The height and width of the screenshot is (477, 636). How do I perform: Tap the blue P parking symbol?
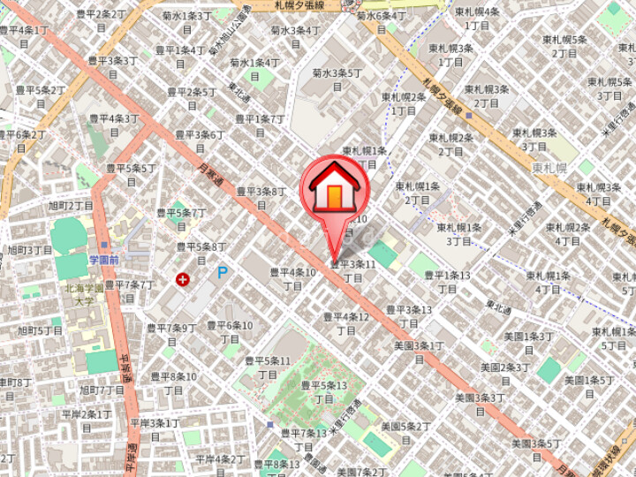223,273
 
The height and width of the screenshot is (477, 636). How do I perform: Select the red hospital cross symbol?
183,280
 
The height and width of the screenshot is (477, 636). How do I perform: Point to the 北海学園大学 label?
84,294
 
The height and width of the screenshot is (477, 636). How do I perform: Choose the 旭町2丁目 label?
71,206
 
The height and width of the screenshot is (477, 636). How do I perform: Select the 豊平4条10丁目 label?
292,279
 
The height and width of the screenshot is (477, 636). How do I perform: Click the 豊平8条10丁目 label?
173,382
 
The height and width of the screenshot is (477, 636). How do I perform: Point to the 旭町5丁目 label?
41,330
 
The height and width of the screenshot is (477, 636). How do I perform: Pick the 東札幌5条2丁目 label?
564,46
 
